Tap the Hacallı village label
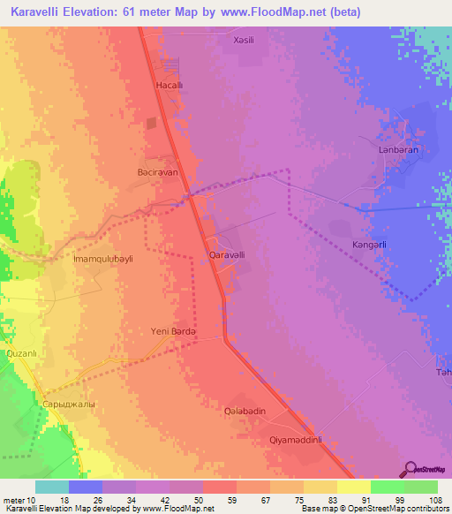[x=169, y=85]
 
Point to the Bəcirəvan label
[x=158, y=174]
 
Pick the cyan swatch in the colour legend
[x=52, y=487]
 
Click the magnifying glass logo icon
[x=409, y=469]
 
